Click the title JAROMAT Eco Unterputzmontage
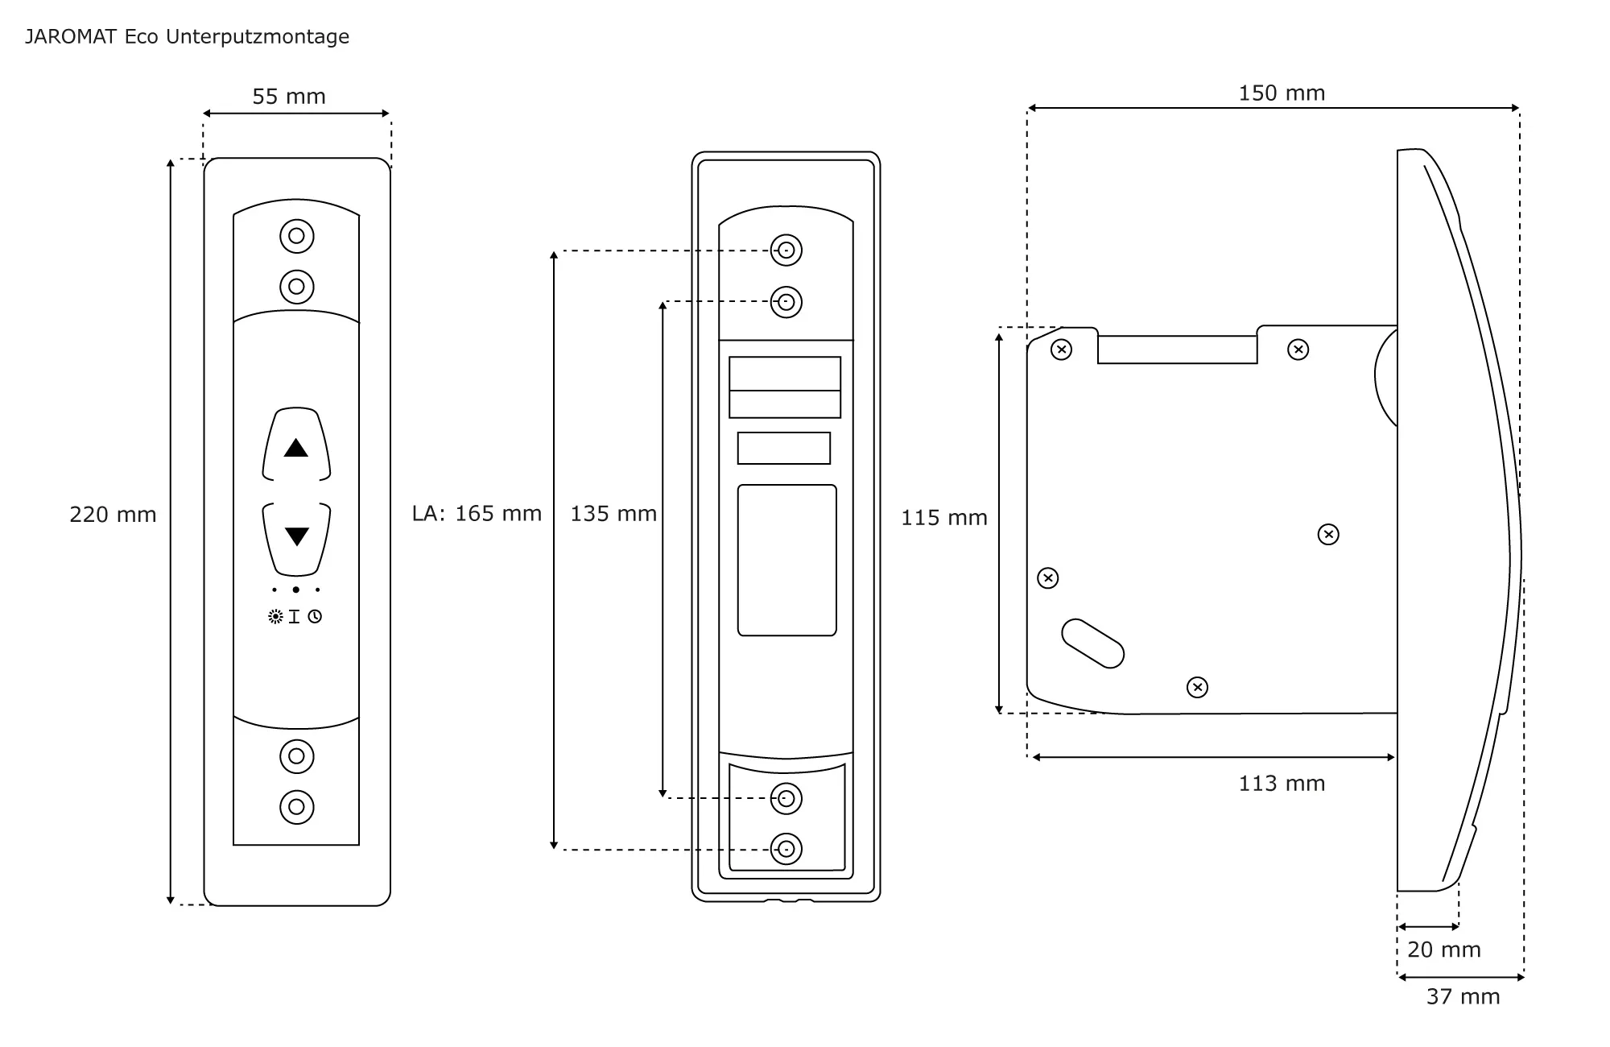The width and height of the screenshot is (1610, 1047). (x=187, y=37)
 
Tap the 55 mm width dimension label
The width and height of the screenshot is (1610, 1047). (x=289, y=97)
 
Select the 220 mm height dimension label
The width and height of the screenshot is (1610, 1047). (x=113, y=515)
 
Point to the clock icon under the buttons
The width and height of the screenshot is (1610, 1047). (x=315, y=617)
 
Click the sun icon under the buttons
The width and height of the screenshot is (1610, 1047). (x=275, y=617)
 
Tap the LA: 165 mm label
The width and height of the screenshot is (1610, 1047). (x=477, y=514)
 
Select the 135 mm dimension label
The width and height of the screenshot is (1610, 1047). (x=613, y=514)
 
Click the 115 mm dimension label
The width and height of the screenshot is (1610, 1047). (x=943, y=518)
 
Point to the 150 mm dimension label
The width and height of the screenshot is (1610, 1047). (x=1282, y=93)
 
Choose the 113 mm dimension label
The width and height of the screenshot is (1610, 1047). (x=1282, y=784)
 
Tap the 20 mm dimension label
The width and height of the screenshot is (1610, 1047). (x=1444, y=950)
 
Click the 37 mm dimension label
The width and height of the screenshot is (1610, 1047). (x=1463, y=997)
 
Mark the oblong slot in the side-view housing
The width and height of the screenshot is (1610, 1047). (x=1092, y=644)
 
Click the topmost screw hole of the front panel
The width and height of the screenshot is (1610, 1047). (x=296, y=236)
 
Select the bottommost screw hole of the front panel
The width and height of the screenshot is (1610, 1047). (x=296, y=807)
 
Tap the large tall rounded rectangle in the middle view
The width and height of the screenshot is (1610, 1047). (x=786, y=560)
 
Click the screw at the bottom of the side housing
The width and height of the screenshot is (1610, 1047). (x=1197, y=687)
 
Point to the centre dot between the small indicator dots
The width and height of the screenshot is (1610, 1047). (x=296, y=590)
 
